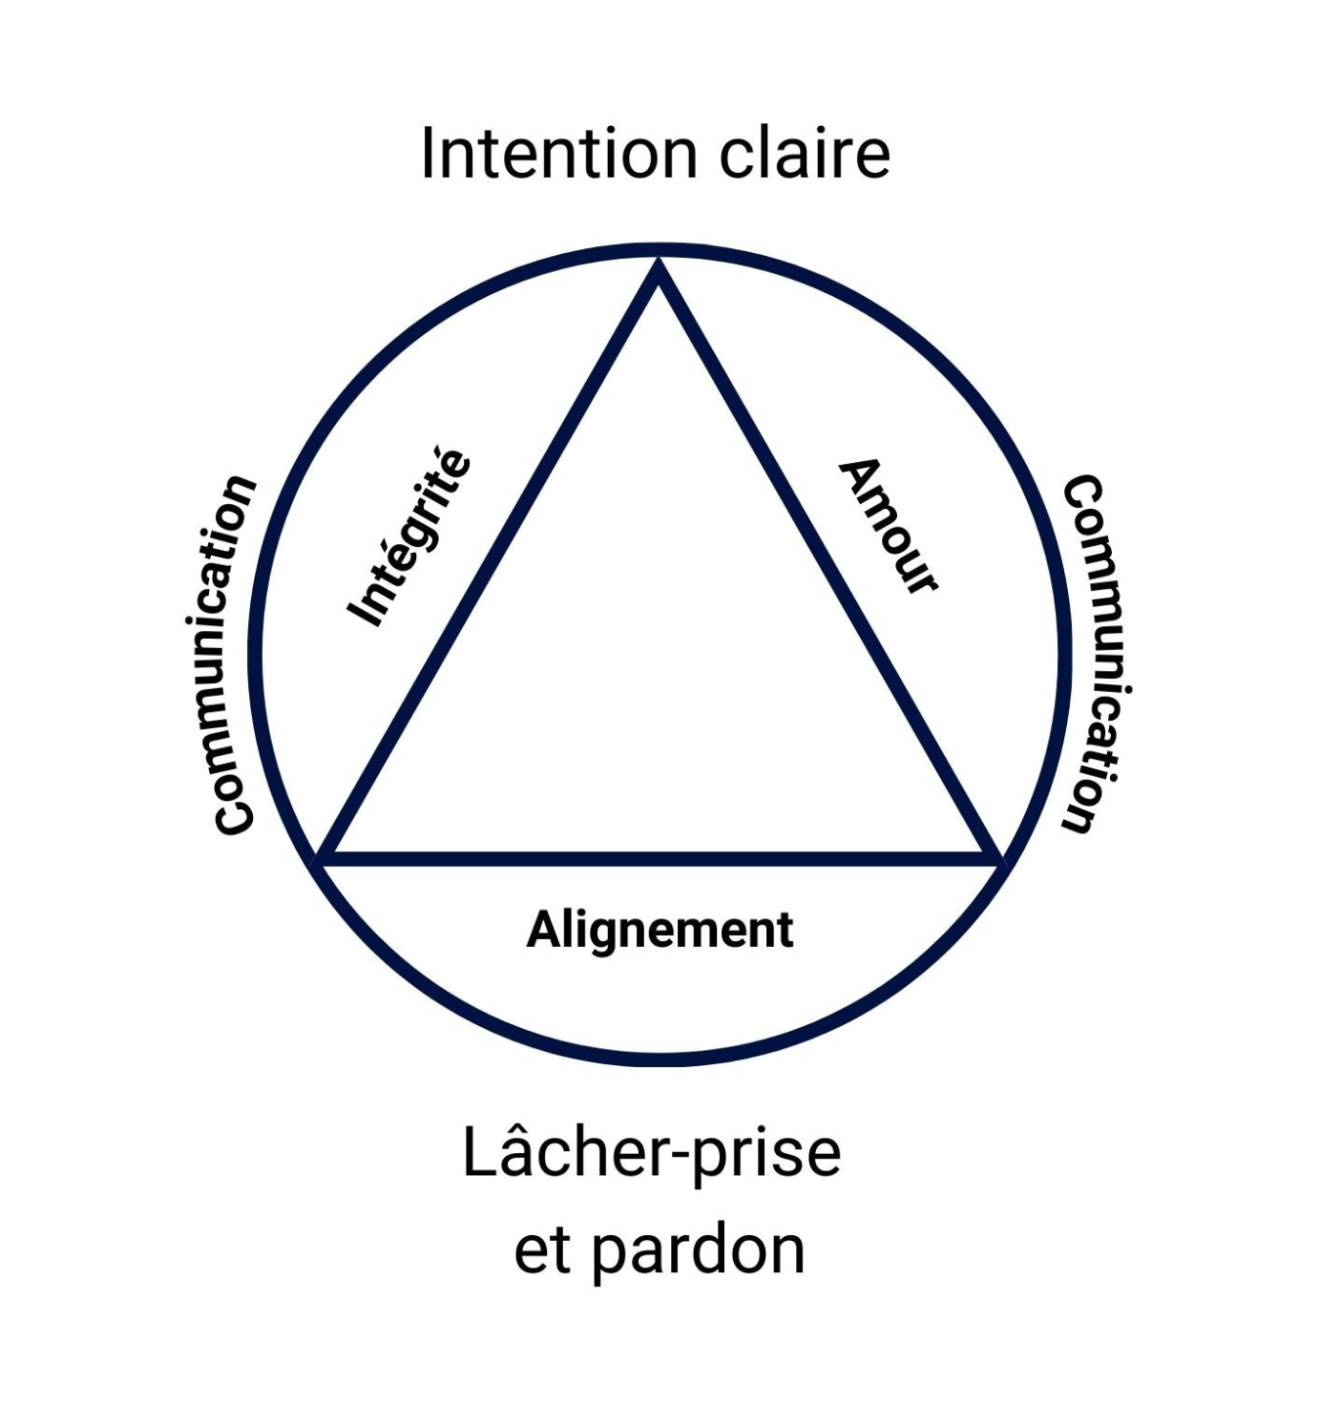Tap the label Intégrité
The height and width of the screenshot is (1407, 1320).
[x=409, y=536]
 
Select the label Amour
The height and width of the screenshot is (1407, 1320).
[x=889, y=526]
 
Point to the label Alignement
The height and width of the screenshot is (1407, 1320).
[x=660, y=929]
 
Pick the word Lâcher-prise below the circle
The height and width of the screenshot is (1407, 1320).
[x=652, y=1153]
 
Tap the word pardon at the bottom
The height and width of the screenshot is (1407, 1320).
[x=699, y=1251]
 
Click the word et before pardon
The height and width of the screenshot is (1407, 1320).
[x=542, y=1251]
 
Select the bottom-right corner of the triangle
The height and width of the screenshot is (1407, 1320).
[x=992, y=858]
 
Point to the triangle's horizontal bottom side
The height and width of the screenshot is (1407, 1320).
[x=660, y=859]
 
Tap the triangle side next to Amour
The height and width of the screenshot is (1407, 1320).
[x=826, y=565]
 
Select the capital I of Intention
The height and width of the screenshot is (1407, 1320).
[x=427, y=153]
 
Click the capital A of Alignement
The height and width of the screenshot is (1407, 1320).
[x=543, y=929]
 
